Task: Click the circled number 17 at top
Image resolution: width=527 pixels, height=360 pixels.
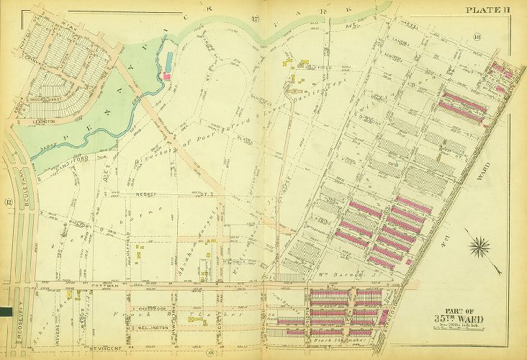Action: [x=255, y=18]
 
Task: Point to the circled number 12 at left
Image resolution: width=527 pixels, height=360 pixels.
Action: [x=9, y=202]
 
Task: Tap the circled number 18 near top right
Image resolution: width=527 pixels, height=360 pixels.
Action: [x=477, y=37]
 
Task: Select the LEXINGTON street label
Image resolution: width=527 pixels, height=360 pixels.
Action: [x=44, y=122]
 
